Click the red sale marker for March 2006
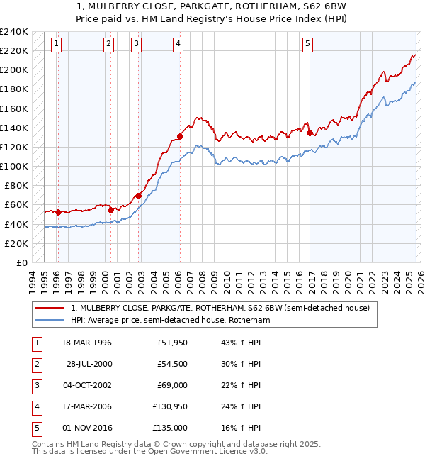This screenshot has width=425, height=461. (180, 136)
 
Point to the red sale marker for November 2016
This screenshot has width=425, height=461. (310, 132)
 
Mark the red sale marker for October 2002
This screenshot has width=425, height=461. (138, 196)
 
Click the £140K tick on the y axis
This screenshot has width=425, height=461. (14, 128)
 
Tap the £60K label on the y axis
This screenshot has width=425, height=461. (16, 205)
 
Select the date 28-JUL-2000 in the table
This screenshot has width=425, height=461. (89, 364)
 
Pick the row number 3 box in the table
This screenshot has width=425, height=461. (36, 385)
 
